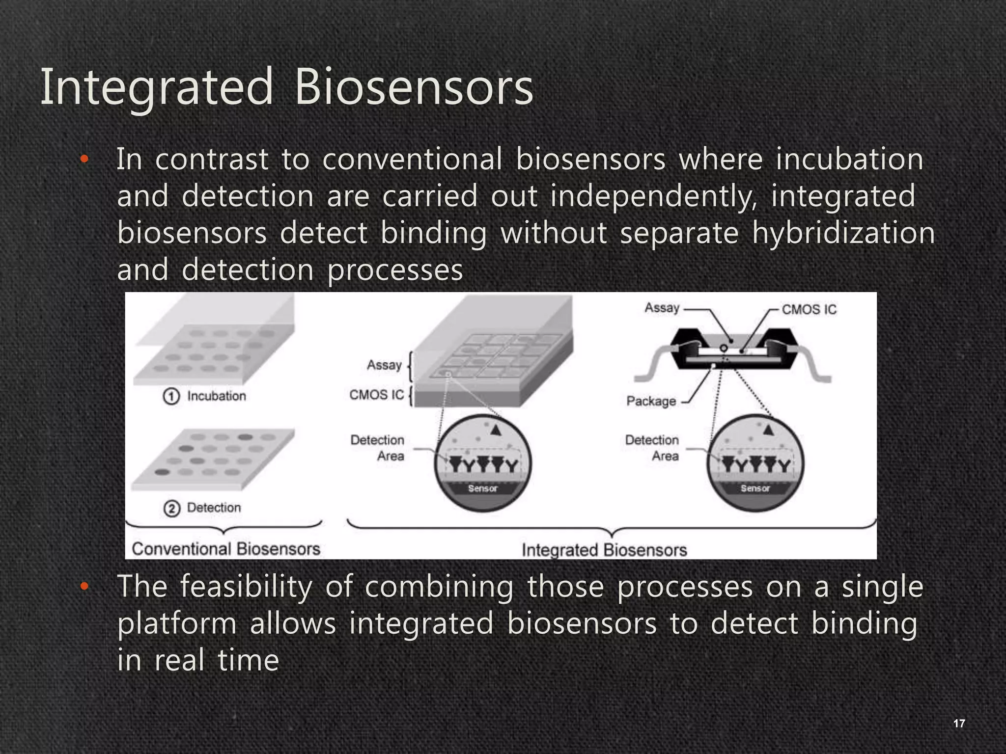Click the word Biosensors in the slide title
(x=414, y=87)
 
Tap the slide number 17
(x=959, y=723)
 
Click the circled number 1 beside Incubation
(x=171, y=396)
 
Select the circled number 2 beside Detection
(x=171, y=508)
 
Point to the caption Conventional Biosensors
(x=226, y=549)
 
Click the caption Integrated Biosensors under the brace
(x=604, y=550)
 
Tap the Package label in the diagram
(x=651, y=402)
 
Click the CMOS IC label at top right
(x=809, y=310)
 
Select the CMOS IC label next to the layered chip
(x=377, y=395)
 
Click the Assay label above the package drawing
(x=662, y=308)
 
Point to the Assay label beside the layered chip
(x=384, y=365)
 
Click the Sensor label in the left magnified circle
(x=482, y=488)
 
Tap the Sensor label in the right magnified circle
(x=755, y=488)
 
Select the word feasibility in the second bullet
(x=246, y=587)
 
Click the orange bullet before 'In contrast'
(x=84, y=159)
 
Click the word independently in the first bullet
(x=653, y=196)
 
